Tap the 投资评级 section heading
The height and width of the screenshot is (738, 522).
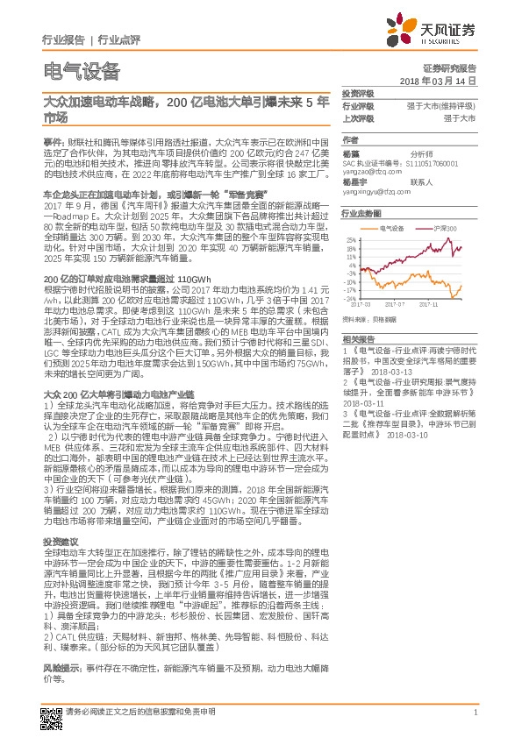357,93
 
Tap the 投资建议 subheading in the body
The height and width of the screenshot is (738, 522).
61,542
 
